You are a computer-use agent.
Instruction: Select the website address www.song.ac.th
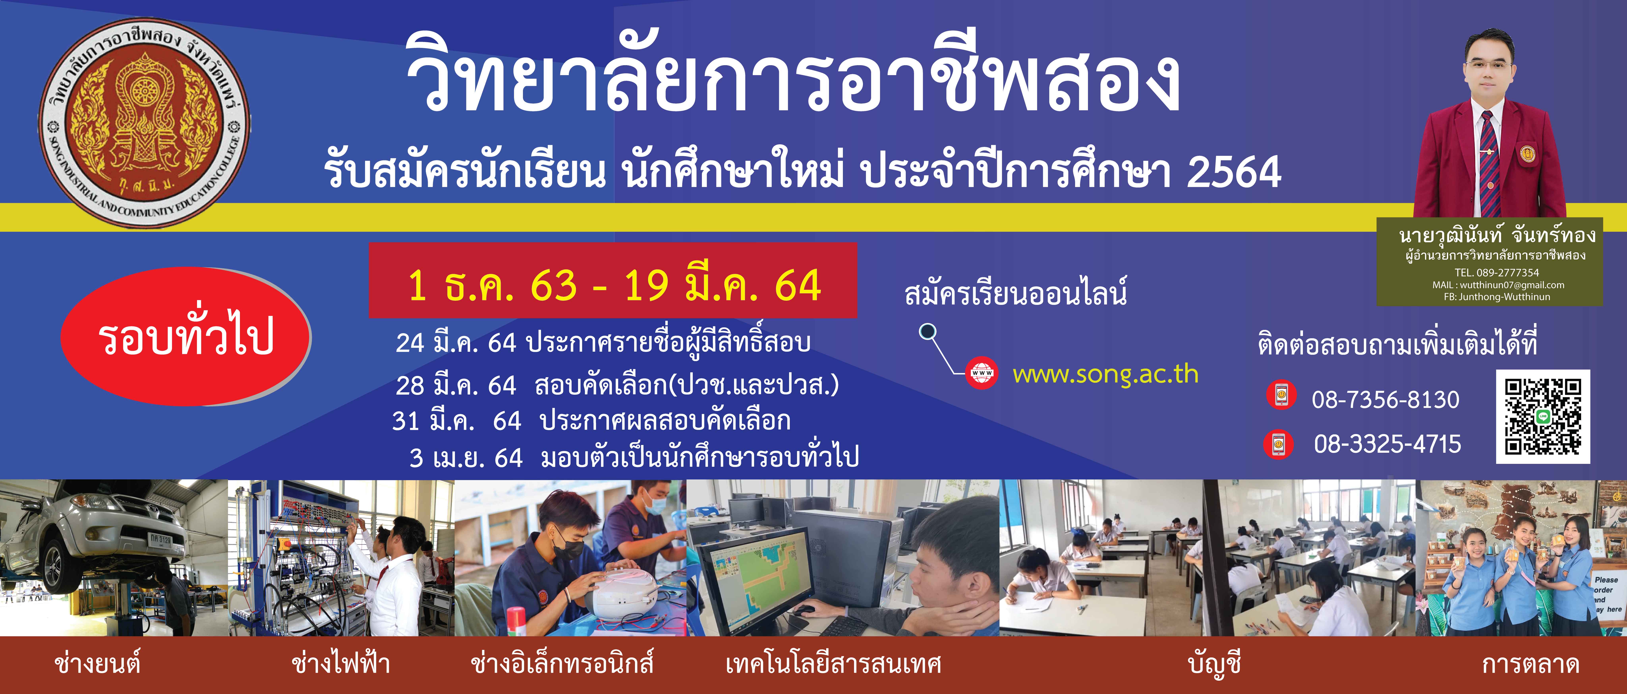[1105, 374]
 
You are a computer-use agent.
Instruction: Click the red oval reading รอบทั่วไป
[186, 336]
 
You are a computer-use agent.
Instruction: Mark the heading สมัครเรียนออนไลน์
[1016, 293]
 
